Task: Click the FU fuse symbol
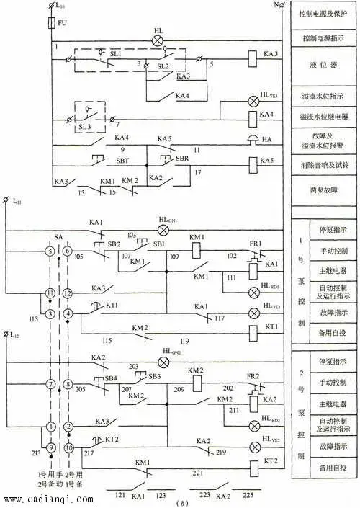click(x=50, y=24)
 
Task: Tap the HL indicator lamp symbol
click(x=158, y=41)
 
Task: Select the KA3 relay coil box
click(x=253, y=55)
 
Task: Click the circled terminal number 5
click(x=50, y=251)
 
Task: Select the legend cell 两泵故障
click(x=323, y=191)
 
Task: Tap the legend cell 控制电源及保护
click(x=323, y=14)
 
